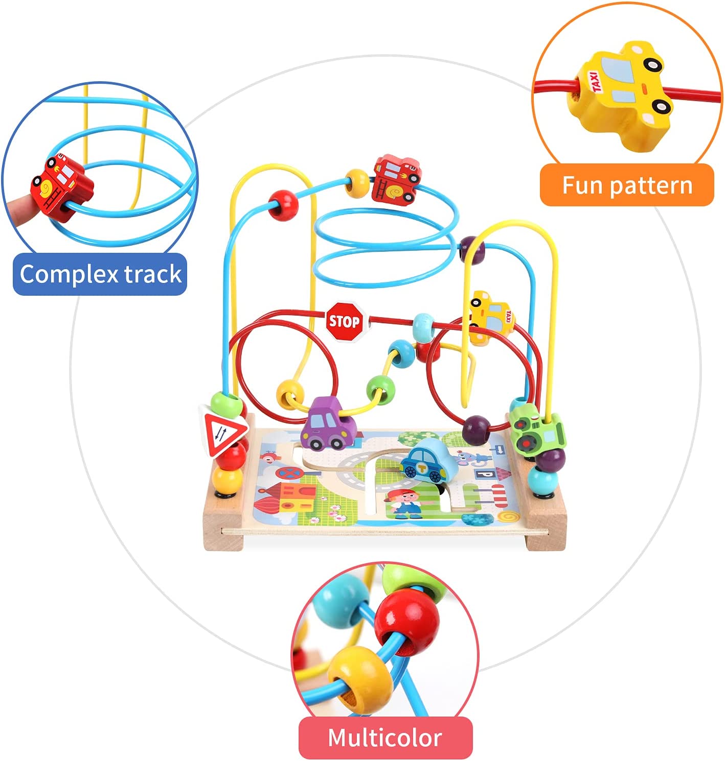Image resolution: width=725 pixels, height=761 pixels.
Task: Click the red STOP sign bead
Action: pyautogui.click(x=344, y=321)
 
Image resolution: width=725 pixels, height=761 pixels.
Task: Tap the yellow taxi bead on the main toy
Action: pyautogui.click(x=491, y=315)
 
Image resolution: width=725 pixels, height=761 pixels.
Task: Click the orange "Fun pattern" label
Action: pyautogui.click(x=627, y=185)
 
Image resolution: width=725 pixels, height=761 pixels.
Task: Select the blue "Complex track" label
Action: pyautogui.click(x=100, y=274)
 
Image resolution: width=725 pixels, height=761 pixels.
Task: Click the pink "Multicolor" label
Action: pyautogui.click(x=385, y=738)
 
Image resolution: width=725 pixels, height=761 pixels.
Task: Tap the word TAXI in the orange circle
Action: pyautogui.click(x=596, y=82)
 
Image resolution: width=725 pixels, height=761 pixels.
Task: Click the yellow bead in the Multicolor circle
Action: pyautogui.click(x=355, y=674)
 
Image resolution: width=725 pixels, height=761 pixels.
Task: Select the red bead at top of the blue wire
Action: pyautogui.click(x=283, y=205)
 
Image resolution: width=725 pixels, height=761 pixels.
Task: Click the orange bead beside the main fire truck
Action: pyautogui.click(x=357, y=183)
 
